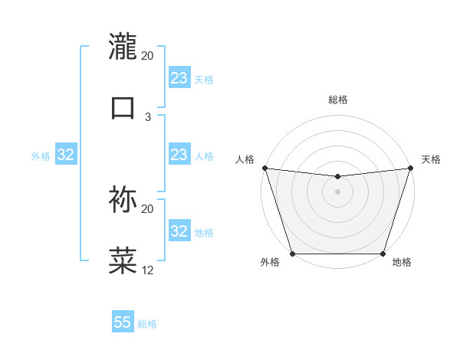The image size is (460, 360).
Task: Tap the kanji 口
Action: (x=123, y=107)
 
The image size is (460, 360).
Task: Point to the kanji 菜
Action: (x=123, y=260)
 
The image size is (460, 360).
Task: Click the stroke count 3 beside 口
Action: (x=148, y=117)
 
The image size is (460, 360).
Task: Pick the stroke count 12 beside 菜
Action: (x=148, y=270)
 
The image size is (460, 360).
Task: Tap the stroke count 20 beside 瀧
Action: (x=148, y=56)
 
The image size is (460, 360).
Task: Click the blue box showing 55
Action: (x=123, y=322)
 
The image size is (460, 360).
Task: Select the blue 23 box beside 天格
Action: (x=179, y=78)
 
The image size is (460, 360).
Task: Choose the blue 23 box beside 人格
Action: (x=179, y=155)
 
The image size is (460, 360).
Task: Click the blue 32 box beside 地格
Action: (x=179, y=231)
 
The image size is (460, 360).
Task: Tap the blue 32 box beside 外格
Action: (x=66, y=155)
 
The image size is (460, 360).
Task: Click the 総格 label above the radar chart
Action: (x=338, y=100)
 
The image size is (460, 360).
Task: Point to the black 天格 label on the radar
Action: (x=431, y=159)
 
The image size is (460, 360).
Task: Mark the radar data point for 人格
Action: (x=264, y=168)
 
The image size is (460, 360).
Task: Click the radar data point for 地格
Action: (x=383, y=254)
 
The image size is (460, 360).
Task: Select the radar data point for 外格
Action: (x=292, y=254)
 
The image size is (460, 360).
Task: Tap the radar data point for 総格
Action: (x=337, y=177)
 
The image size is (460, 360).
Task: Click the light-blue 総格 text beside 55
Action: (x=147, y=323)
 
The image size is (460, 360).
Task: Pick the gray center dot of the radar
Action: (x=337, y=191)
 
